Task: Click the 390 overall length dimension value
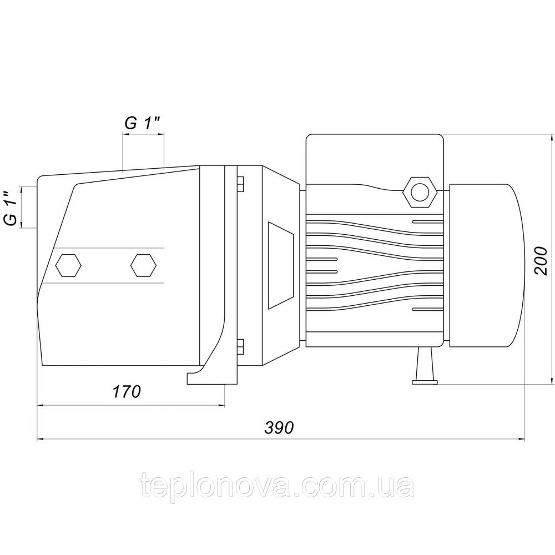pos(279,428)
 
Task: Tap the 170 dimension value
pos(127,392)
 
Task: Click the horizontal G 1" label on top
pos(143,124)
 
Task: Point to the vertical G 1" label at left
pos(11,208)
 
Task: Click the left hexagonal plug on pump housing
pos(69,265)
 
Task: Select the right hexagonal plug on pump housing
pos(143,265)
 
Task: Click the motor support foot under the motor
pos(425,366)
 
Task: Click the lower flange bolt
pos(240,346)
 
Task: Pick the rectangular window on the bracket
pos(281,265)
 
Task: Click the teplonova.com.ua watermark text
pos(277,487)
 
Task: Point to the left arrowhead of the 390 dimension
pos(40,440)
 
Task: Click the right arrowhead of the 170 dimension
pos(222,406)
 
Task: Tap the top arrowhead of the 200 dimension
pos(552,137)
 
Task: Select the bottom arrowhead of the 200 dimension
pos(552,381)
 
